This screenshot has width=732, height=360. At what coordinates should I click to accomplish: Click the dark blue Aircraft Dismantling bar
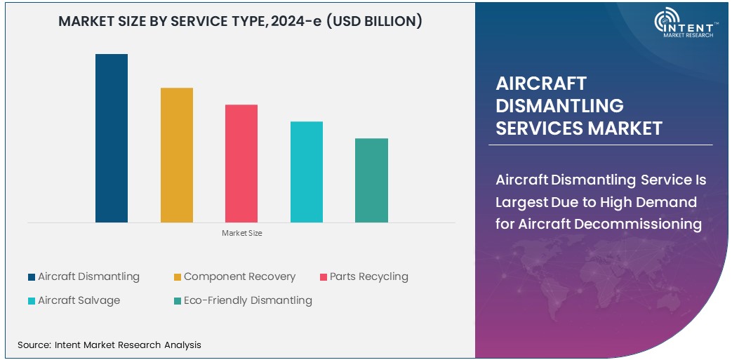tap(112, 138)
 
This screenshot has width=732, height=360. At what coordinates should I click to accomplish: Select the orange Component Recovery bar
tap(177, 155)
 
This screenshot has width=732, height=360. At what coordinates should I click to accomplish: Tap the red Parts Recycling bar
tap(241, 164)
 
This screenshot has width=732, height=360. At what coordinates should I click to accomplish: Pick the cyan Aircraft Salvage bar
tap(307, 172)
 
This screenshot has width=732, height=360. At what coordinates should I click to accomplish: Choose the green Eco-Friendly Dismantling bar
tap(371, 180)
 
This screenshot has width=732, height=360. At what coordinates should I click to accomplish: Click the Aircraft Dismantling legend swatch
tap(32, 277)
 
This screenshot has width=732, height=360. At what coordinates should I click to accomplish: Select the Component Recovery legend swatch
tap(178, 277)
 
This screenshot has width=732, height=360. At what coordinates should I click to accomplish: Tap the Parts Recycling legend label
tap(368, 276)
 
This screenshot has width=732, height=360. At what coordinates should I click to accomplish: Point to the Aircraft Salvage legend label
tap(79, 300)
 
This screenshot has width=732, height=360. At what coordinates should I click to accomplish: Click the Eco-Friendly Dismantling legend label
tap(248, 300)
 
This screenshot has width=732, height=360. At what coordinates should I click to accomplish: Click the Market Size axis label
tap(242, 233)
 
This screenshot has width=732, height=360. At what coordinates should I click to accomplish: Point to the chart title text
tap(240, 21)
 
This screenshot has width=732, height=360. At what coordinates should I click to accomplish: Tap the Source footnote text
tap(109, 345)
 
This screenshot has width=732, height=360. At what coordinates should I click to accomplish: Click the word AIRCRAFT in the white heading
tap(531, 84)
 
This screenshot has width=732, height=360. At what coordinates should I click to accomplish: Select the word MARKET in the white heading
tap(625, 128)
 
